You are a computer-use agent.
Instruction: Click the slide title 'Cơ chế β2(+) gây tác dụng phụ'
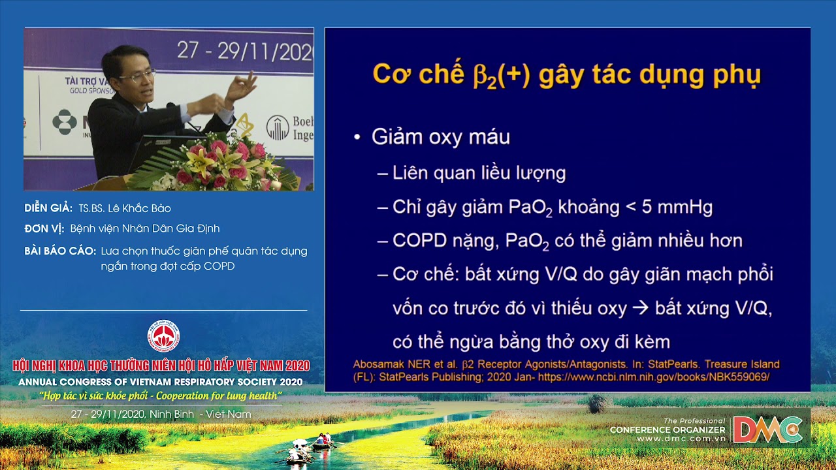click(x=566, y=74)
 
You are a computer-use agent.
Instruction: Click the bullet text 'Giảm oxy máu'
click(x=440, y=137)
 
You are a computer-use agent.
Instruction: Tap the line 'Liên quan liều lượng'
click(x=479, y=173)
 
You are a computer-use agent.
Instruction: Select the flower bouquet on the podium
click(x=216, y=163)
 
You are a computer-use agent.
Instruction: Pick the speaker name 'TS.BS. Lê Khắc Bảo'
click(x=124, y=209)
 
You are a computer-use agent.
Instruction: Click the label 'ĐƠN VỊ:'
click(x=44, y=228)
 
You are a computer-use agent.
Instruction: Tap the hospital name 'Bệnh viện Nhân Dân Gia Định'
click(x=145, y=228)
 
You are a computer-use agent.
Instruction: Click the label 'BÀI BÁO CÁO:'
click(x=60, y=251)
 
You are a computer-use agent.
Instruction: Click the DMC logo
click(x=767, y=429)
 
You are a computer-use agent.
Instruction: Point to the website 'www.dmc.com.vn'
click(x=681, y=439)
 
